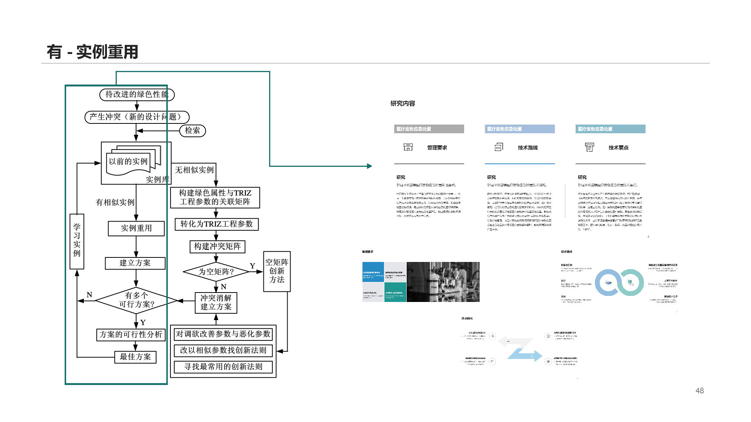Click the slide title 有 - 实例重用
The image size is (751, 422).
pyautogui.click(x=93, y=52)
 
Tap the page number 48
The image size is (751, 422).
pyautogui.click(x=700, y=391)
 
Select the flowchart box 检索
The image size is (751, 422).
pyautogui.click(x=192, y=131)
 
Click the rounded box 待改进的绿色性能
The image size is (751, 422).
pyautogui.click(x=137, y=94)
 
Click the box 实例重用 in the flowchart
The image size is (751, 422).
pyautogui.click(x=136, y=228)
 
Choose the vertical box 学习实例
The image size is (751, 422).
pyautogui.click(x=77, y=241)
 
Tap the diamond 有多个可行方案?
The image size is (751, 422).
pyautogui.click(x=136, y=300)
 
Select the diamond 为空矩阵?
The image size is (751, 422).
pyautogui.click(x=216, y=272)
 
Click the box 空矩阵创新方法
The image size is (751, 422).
pyautogui.click(x=277, y=271)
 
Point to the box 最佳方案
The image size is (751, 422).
pyautogui.click(x=135, y=357)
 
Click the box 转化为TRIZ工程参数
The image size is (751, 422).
pyautogui.click(x=217, y=224)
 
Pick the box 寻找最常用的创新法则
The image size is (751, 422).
pyautogui.click(x=223, y=367)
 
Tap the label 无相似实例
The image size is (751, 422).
pyautogui.click(x=194, y=170)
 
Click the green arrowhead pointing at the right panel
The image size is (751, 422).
pyautogui.click(x=369, y=166)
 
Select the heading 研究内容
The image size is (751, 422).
pyautogui.click(x=403, y=103)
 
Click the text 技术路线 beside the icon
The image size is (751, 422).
pyautogui.click(x=528, y=148)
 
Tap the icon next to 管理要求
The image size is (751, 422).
pyautogui.click(x=408, y=147)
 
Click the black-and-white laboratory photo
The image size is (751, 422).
pyautogui.click(x=443, y=282)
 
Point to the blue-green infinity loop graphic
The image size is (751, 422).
pyautogui.click(x=619, y=282)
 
